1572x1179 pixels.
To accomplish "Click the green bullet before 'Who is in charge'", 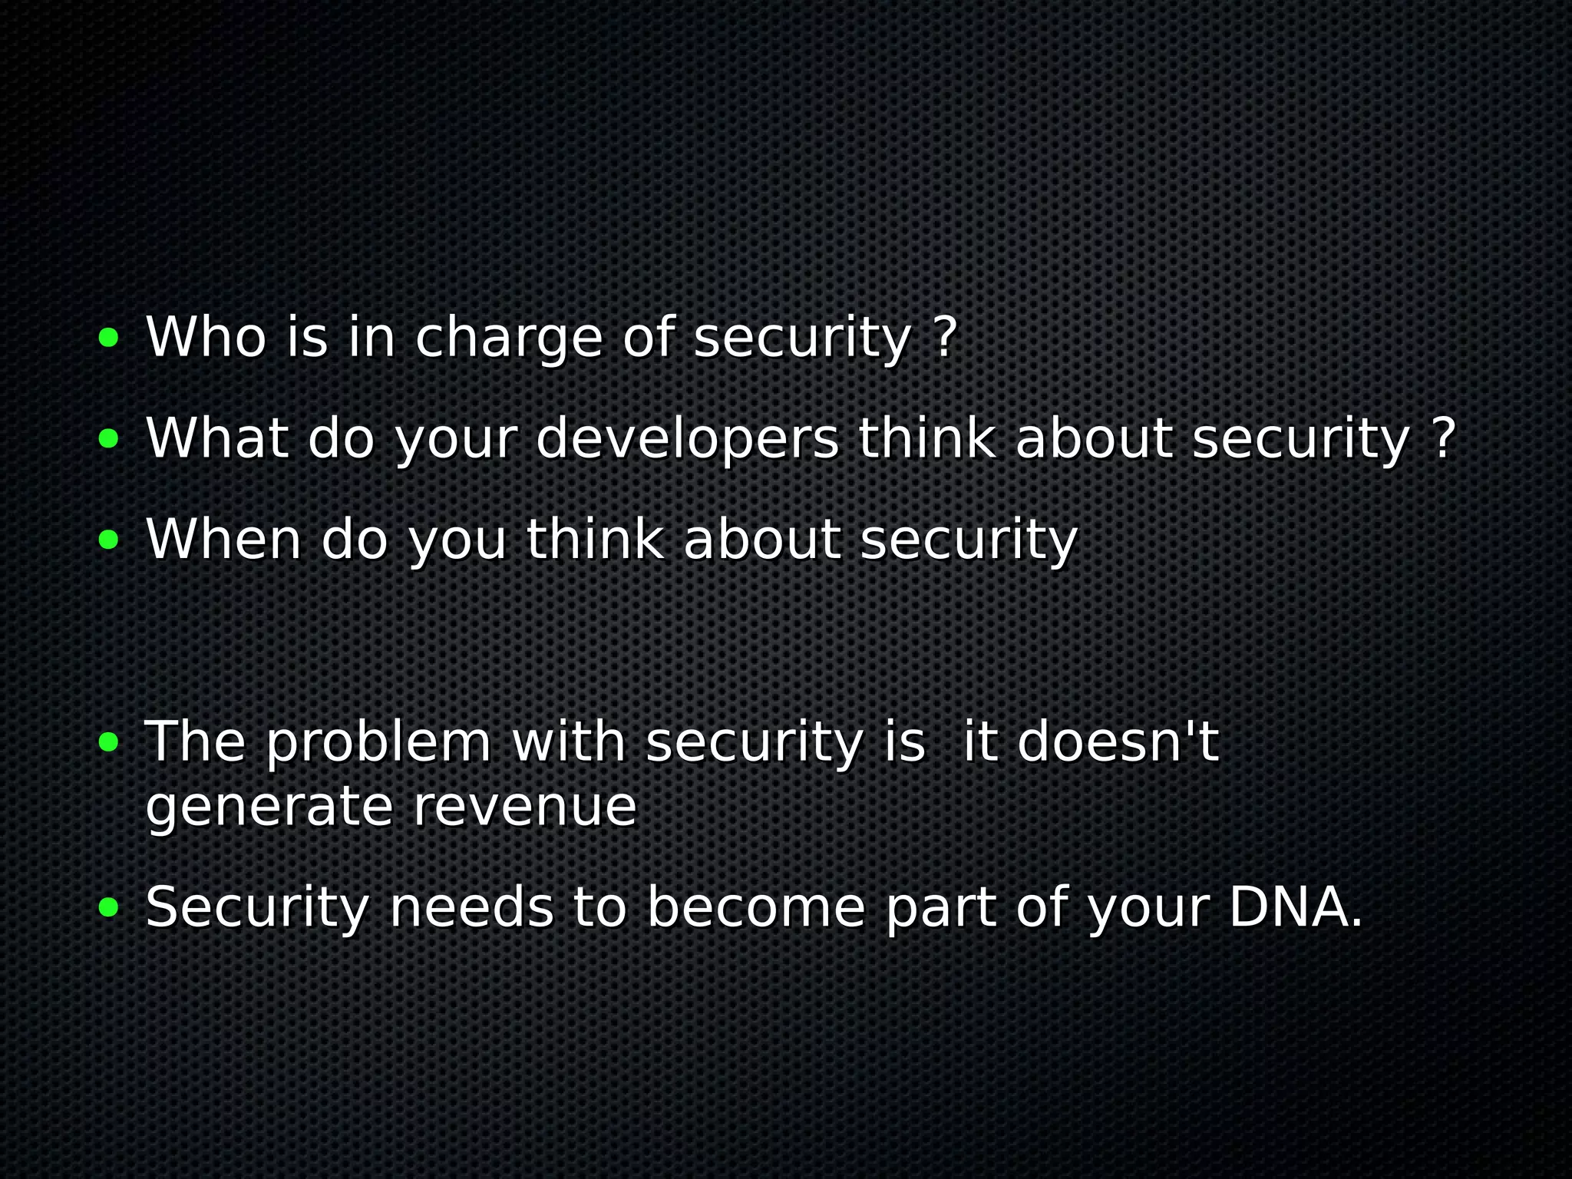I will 109,337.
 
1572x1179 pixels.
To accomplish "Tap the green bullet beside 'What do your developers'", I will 109,438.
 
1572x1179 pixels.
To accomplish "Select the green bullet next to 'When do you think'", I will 109,540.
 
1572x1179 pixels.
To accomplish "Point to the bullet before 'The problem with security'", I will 109,742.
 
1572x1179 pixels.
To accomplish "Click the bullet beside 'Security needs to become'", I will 109,908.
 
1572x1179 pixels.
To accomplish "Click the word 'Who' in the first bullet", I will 206,337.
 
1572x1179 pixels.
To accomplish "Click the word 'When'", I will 223,540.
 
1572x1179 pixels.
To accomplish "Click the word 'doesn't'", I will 1118,742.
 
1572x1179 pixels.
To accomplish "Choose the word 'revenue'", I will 524,807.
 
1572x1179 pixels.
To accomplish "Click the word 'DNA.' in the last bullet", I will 1296,908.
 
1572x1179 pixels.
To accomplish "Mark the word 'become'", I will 756,908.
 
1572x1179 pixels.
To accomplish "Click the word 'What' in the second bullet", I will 217,438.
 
